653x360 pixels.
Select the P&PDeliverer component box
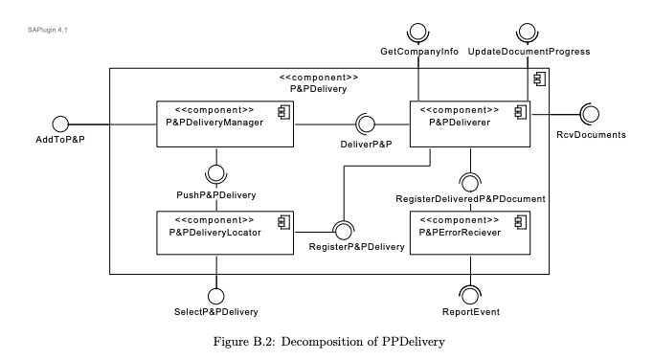[x=470, y=123]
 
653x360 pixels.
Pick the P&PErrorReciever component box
[x=470, y=232]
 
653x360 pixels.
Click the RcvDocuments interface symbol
[x=591, y=115]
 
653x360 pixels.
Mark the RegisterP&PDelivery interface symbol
[x=342, y=231]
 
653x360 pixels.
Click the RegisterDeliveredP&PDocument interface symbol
[x=470, y=179]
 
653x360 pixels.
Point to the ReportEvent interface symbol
[x=470, y=293]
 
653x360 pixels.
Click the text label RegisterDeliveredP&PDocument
[x=470, y=199]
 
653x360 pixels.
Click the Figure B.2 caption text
[x=326, y=340]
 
